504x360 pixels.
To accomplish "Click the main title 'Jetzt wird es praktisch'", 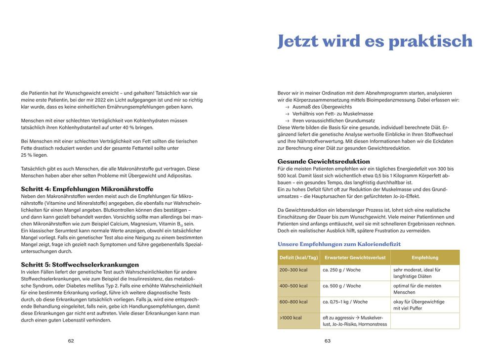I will [x=375, y=41].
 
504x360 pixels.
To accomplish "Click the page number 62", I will [x=71, y=341].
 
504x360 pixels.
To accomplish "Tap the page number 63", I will [x=328, y=341].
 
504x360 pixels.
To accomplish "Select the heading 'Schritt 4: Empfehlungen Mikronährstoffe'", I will [x=87, y=189].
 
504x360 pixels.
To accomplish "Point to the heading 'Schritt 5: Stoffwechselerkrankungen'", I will [x=80, y=265].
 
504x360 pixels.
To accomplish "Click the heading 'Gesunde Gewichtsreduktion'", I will [x=324, y=161].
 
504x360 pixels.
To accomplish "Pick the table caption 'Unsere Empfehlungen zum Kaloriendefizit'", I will [x=339, y=244].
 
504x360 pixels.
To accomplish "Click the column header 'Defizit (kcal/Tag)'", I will [x=298, y=258].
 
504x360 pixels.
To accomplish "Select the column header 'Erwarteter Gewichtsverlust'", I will [x=355, y=258].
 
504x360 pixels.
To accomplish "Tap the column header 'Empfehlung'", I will [x=425, y=258].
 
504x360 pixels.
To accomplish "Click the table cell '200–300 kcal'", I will [x=294, y=270].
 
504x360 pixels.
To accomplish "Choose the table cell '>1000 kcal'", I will [x=291, y=317].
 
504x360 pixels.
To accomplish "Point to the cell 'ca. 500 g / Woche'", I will [x=341, y=286].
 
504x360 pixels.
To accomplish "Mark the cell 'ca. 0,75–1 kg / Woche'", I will [x=345, y=302].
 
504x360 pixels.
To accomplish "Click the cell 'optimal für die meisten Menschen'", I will [x=417, y=289].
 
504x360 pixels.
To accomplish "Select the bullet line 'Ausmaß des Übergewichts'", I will [x=322, y=107].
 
